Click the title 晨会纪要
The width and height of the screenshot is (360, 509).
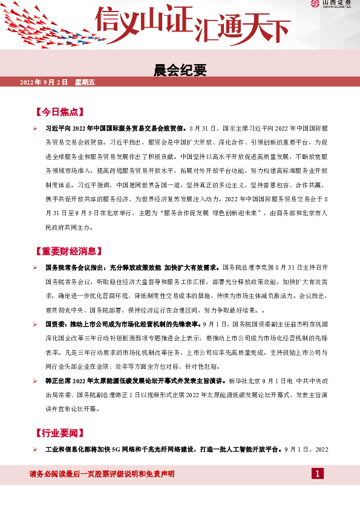pyautogui.click(x=180, y=71)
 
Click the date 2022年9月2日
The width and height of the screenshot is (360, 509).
pyautogui.click(x=44, y=82)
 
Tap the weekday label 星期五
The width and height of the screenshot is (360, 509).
pyautogui.click(x=85, y=82)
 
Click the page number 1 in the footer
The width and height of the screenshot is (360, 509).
pyautogui.click(x=318, y=473)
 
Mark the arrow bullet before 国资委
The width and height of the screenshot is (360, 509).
pyautogui.click(x=36, y=324)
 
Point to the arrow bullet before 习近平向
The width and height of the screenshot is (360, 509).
pyautogui.click(x=36, y=129)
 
